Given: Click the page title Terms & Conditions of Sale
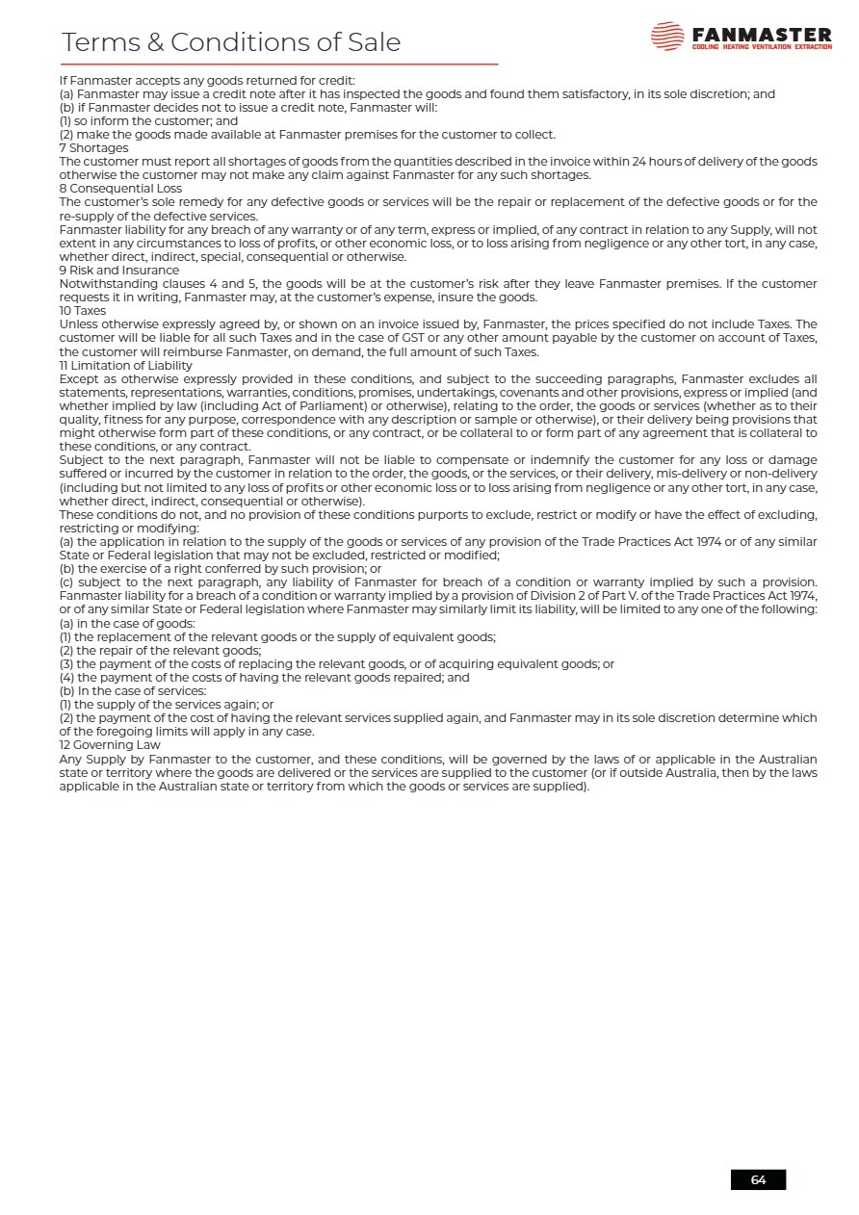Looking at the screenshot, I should click(x=231, y=42).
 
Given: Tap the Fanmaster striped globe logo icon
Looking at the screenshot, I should click(x=667, y=37).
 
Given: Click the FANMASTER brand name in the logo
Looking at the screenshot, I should click(x=761, y=34).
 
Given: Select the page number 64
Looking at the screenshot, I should click(x=758, y=1179).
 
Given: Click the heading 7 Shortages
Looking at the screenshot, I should click(x=93, y=148).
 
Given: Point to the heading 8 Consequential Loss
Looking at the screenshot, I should click(x=120, y=189).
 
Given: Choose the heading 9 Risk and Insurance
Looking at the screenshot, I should click(x=118, y=271).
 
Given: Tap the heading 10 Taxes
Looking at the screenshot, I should click(x=83, y=311).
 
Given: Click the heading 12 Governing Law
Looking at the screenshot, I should click(x=110, y=745).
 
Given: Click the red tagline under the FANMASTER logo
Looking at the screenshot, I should click(x=762, y=47).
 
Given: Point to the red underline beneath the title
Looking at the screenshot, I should click(x=279, y=65).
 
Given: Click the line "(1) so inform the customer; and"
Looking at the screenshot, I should click(x=148, y=121).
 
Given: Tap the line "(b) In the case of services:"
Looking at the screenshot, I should click(x=133, y=691).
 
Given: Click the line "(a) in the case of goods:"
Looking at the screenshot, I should click(x=127, y=623).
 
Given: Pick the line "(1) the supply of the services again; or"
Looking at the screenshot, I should click(x=167, y=705).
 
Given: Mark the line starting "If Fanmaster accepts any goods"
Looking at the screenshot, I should click(x=207, y=81).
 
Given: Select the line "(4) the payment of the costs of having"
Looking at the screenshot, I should click(x=250, y=678).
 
